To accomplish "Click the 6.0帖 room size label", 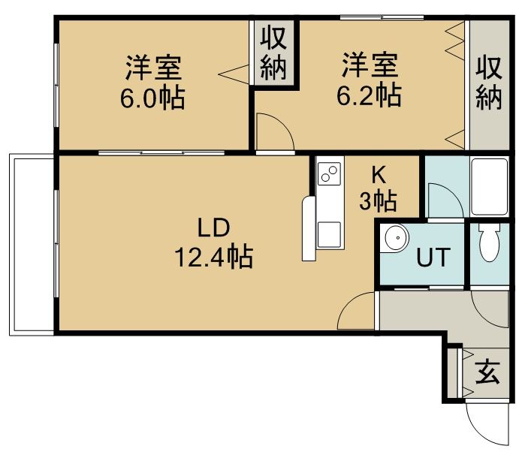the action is pos(152,98).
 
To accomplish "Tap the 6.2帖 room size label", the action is pos(369,95).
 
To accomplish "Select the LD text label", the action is pos(213,227).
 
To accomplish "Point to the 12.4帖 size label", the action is pos(213,257).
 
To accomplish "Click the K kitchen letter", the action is pos(379,175).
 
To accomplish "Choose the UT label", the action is pos(433,257).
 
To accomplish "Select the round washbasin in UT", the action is pos(395,238).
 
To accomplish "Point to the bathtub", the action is pos(489,187).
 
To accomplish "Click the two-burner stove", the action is pos(329,173).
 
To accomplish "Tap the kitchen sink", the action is pos(329,234).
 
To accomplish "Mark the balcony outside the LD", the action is pos(32,245).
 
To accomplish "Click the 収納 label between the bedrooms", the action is pos(273,54).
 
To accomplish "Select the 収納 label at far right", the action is pos(489,83).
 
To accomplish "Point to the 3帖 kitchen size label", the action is pos(378,201).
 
